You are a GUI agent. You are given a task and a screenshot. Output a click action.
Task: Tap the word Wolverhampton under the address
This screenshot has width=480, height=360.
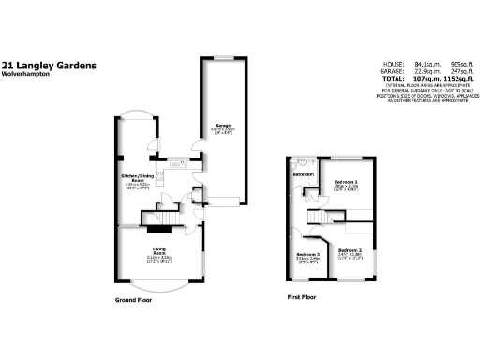click(x=25, y=76)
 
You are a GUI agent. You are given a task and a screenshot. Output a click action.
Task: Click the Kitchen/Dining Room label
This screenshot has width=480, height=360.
click(x=137, y=176)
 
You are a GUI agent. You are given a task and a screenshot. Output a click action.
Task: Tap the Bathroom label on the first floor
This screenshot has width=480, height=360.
click(x=303, y=174)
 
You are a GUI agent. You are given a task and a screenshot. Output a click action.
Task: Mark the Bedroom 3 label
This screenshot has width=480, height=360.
click(x=307, y=255)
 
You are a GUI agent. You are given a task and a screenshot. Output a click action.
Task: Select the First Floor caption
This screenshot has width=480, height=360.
click(x=301, y=296)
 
